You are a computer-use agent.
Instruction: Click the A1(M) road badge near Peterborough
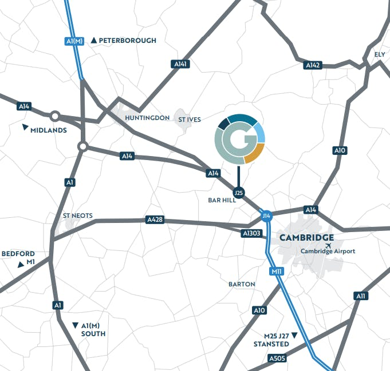click(x=74, y=41)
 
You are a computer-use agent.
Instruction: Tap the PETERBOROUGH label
click(x=127, y=41)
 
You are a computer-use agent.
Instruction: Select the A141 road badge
click(x=181, y=64)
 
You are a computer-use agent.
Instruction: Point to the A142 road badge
click(x=312, y=65)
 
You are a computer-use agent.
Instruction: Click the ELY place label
click(x=380, y=54)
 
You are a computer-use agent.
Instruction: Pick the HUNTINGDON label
click(x=147, y=118)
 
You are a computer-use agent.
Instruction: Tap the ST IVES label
click(x=190, y=119)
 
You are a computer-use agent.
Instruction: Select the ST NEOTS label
click(x=77, y=216)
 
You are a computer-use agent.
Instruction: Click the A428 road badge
click(x=155, y=220)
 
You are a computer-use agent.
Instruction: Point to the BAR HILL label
click(x=223, y=200)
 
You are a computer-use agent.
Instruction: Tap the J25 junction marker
click(x=239, y=193)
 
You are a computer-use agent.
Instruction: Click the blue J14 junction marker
click(x=266, y=216)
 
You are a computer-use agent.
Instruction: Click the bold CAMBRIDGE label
click(x=306, y=238)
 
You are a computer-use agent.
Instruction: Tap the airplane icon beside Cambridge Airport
click(x=328, y=246)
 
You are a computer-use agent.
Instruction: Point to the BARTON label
click(x=242, y=284)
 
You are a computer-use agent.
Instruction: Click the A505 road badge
click(x=276, y=358)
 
